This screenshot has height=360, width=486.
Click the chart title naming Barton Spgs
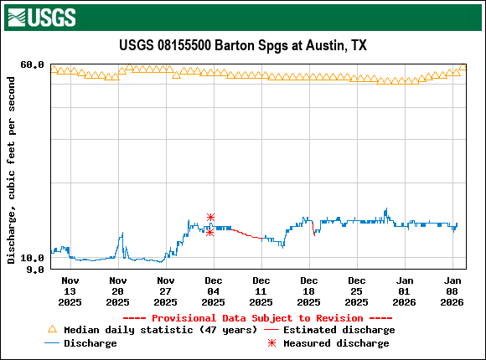[x=243, y=45]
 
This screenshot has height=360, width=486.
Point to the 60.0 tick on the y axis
[x=32, y=64]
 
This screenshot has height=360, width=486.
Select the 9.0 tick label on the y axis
[x=34, y=270]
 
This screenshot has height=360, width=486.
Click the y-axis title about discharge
[x=12, y=170]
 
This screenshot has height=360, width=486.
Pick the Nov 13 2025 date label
[x=70, y=291]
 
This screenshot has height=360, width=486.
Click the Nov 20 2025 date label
[x=118, y=291]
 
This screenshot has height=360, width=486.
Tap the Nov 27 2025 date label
[x=166, y=291]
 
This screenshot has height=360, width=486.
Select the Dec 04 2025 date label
[x=214, y=291]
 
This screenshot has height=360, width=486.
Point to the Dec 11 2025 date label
[x=261, y=291]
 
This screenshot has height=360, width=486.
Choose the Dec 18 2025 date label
[x=309, y=291]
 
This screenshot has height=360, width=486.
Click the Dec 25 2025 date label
[x=357, y=291]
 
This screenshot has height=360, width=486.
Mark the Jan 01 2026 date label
[x=405, y=291]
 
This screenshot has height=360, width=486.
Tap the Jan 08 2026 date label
[x=452, y=291]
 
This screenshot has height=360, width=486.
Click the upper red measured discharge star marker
[x=210, y=218]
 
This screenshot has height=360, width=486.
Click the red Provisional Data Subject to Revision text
[x=257, y=318]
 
